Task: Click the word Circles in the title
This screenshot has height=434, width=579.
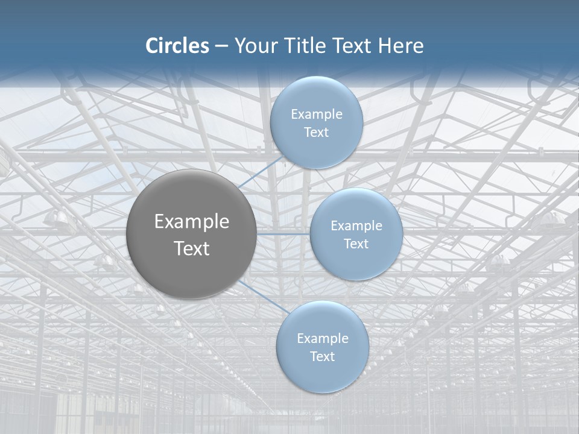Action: [177, 46]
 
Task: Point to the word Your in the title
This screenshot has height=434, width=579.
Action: [253, 46]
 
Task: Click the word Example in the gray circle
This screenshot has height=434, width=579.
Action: [192, 222]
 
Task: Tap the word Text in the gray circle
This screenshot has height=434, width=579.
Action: [192, 248]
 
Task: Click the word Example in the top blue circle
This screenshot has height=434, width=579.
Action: [316, 115]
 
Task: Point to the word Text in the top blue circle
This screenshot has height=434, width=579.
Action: [316, 133]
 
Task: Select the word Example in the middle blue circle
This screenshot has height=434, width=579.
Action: [356, 226]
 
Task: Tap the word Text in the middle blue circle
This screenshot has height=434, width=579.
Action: [356, 244]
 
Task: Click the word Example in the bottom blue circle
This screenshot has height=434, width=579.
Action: [322, 339]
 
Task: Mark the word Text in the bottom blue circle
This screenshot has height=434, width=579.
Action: [322, 357]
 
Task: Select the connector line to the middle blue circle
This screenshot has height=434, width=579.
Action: [283, 233]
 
